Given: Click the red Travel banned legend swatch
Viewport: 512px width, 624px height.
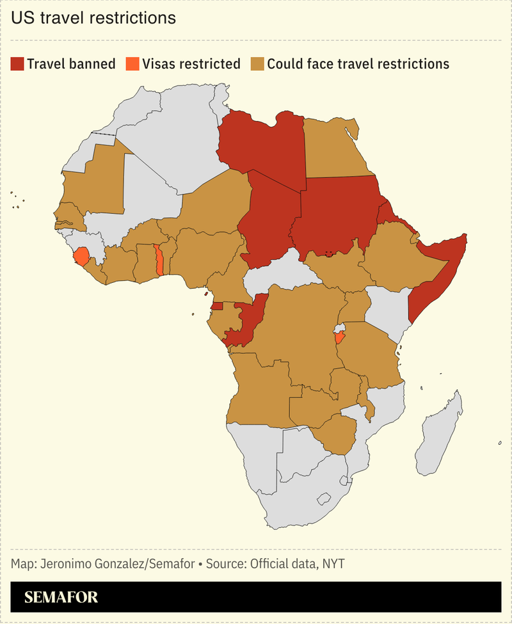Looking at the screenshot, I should (17, 64).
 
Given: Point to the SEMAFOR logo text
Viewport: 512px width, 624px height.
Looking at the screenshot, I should (61, 598).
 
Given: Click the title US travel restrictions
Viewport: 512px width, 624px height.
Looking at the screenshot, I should (93, 18).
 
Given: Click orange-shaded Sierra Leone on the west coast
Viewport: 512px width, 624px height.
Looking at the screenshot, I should (81, 257).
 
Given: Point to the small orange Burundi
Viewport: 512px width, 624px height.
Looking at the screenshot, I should (340, 337).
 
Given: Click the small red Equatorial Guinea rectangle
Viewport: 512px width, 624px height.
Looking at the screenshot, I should (218, 306).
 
